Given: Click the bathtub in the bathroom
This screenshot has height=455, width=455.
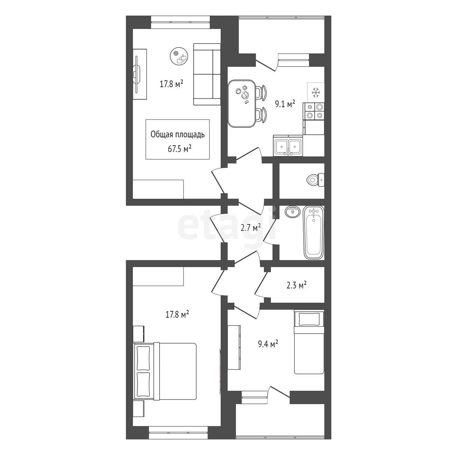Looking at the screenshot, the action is click(314, 233).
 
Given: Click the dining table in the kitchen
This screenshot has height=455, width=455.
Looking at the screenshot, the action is click(242, 103).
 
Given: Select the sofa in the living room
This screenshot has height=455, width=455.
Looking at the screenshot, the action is click(207, 74).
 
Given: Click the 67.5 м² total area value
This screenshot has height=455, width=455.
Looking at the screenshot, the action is click(179, 149).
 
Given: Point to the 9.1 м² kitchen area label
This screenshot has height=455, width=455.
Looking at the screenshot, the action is click(285, 104).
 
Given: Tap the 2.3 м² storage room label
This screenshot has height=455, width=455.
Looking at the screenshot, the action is click(296, 286).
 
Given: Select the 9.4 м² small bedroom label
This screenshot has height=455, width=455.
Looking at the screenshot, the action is click(268, 343).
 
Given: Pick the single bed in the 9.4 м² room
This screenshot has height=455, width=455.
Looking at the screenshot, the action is click(309, 344).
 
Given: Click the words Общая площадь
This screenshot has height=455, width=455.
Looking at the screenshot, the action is click(177, 134).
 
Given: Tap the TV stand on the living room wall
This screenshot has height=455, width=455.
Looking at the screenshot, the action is click(140, 74).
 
